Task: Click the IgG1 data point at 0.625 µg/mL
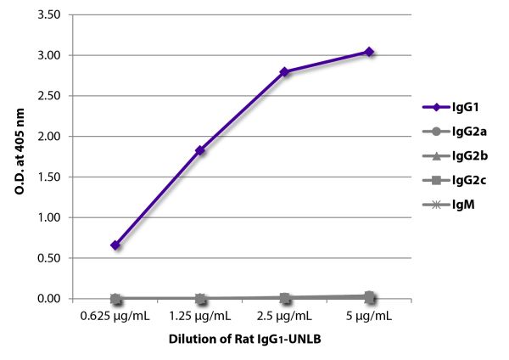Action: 115,245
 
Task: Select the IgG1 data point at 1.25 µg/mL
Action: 200,150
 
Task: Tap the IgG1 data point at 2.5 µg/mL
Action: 285,72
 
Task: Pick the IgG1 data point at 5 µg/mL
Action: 369,52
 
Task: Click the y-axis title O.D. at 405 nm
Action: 19,155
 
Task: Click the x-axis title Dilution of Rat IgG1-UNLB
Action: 242,340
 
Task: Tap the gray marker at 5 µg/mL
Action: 370,296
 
